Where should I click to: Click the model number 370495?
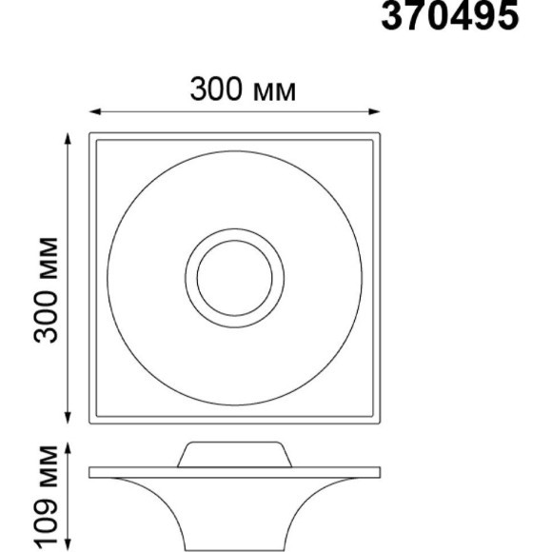pyautogui.click(x=450, y=16)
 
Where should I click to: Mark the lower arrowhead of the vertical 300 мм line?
pyautogui.click(x=69, y=420)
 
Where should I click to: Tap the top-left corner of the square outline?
pyautogui.click(x=91, y=135)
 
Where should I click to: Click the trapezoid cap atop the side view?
pyautogui.click(x=233, y=453)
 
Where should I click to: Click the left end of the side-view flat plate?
pyautogui.click(x=92, y=471)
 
